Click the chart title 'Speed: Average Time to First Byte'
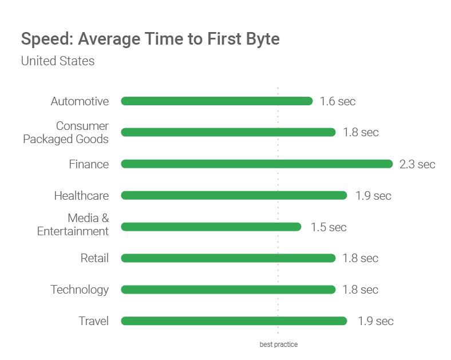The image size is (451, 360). point(150,39)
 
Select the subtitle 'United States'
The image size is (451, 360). point(58,61)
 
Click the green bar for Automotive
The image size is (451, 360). point(216,101)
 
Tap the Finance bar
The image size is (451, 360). point(256,164)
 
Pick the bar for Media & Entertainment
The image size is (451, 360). point(211,227)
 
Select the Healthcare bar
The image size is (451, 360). point(234,195)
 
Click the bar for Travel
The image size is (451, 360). point(234,321)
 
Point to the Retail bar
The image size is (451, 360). point(228,258)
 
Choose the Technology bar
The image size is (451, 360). point(228,290)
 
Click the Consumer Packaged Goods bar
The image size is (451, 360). point(228,132)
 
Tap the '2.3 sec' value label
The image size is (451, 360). point(417,165)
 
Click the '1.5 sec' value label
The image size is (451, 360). point(329,227)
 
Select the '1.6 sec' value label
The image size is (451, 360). point(338,102)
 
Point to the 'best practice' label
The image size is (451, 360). point(279,345)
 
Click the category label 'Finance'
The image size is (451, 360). point(89,164)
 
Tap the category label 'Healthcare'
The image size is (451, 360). point(81,196)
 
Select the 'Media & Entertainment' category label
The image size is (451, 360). point(73,224)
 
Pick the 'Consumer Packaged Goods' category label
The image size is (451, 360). point(66,132)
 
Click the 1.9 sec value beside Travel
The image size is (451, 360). point(375,321)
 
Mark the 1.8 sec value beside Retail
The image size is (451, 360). point(361,258)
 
